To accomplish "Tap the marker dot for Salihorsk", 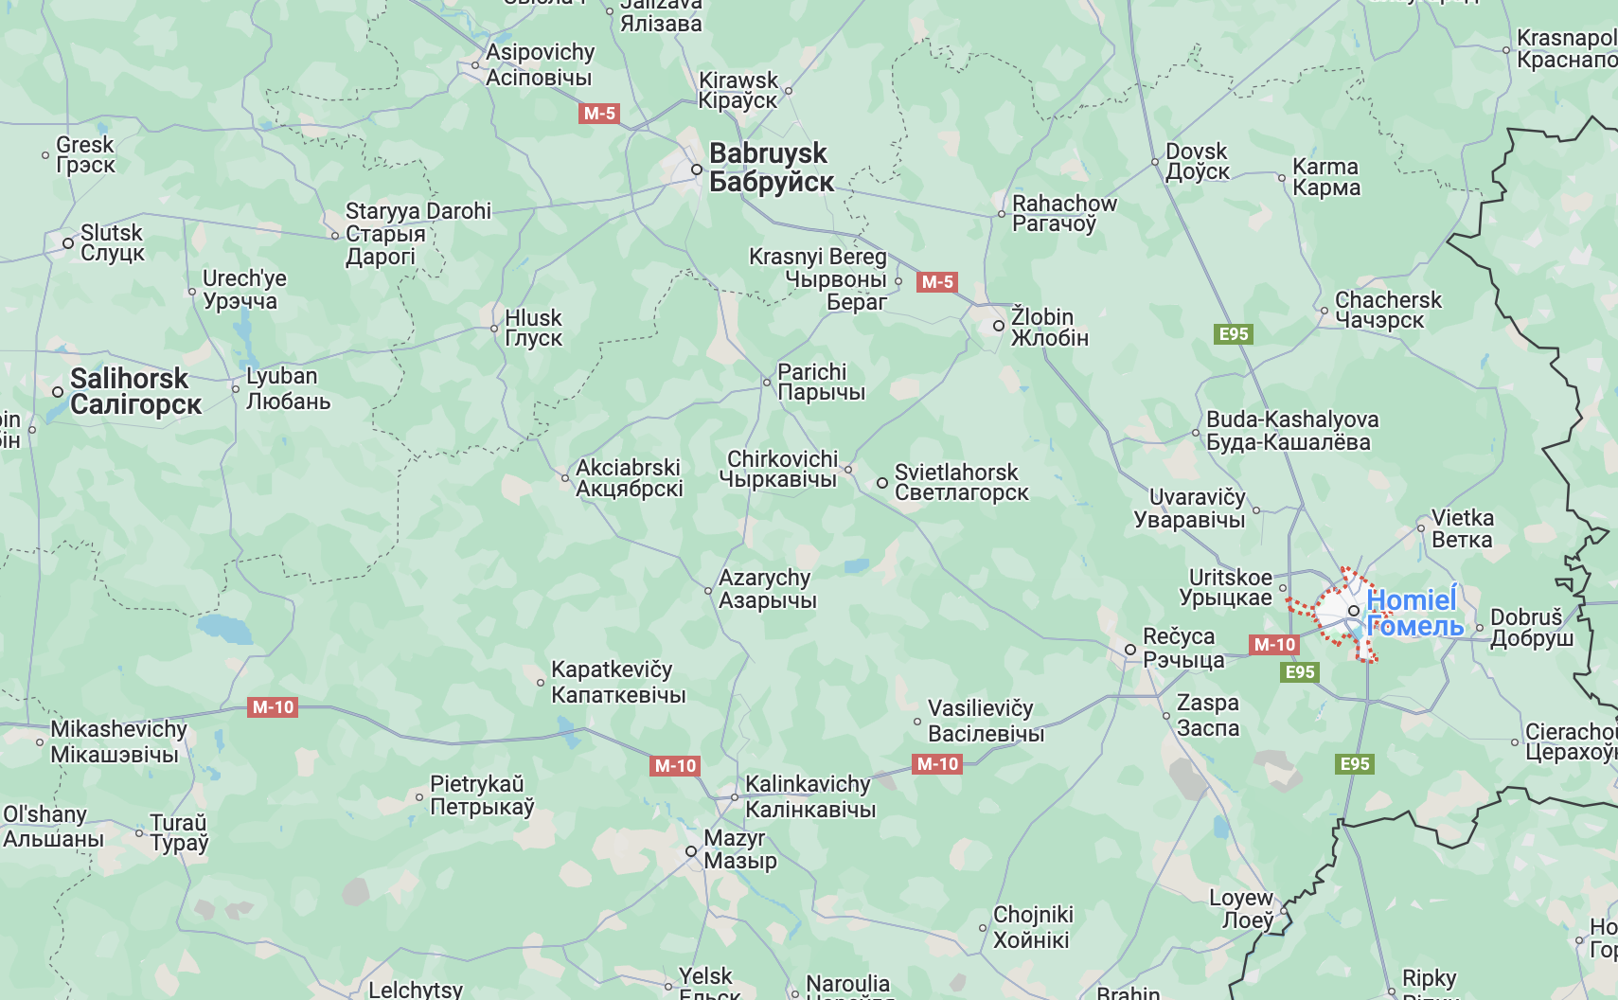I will (x=58, y=391).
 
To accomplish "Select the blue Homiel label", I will (x=1414, y=613).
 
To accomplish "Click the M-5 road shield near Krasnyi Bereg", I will (x=937, y=282).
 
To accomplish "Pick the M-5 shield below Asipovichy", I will (x=599, y=114).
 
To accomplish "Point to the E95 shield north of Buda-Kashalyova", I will (x=1234, y=334).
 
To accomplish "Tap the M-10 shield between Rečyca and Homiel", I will (x=1274, y=645).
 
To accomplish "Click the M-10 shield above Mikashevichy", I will (x=274, y=707).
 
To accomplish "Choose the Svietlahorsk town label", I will (x=960, y=482).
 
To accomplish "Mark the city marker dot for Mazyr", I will (x=692, y=851).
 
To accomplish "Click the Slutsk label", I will (x=112, y=242).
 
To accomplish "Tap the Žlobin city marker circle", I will (x=999, y=326).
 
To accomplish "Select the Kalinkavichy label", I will (x=809, y=796).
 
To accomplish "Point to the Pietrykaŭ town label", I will (x=481, y=795).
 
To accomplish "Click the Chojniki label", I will (x=1032, y=927).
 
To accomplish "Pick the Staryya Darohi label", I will (x=417, y=233).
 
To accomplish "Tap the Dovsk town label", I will (x=1197, y=161).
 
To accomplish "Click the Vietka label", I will (x=1462, y=528).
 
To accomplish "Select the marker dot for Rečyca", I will (x=1130, y=650).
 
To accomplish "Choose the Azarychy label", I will (x=766, y=588).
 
